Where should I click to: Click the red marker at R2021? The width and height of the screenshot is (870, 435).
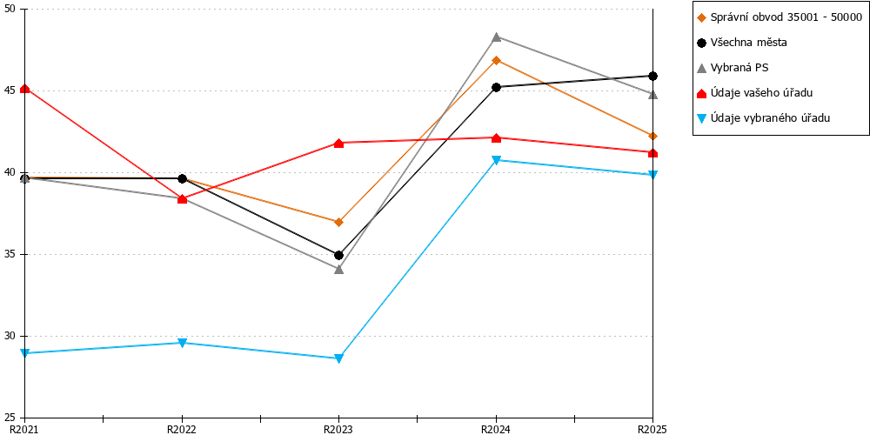25,89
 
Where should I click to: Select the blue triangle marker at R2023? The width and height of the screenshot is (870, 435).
339,358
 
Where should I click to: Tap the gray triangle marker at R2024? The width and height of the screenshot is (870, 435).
496,37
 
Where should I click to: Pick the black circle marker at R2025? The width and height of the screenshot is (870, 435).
653,76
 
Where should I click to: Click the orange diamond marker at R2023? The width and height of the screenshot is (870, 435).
339,222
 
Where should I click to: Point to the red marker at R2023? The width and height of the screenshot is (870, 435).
339,144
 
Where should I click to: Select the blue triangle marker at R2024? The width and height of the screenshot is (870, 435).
496,160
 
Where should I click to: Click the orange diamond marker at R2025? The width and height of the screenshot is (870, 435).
653,136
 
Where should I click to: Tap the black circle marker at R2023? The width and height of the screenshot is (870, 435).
339,255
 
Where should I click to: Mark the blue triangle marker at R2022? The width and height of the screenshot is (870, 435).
182,343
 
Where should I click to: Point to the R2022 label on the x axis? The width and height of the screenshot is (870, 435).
182,429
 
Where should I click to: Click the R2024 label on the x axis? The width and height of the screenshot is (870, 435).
496,429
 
